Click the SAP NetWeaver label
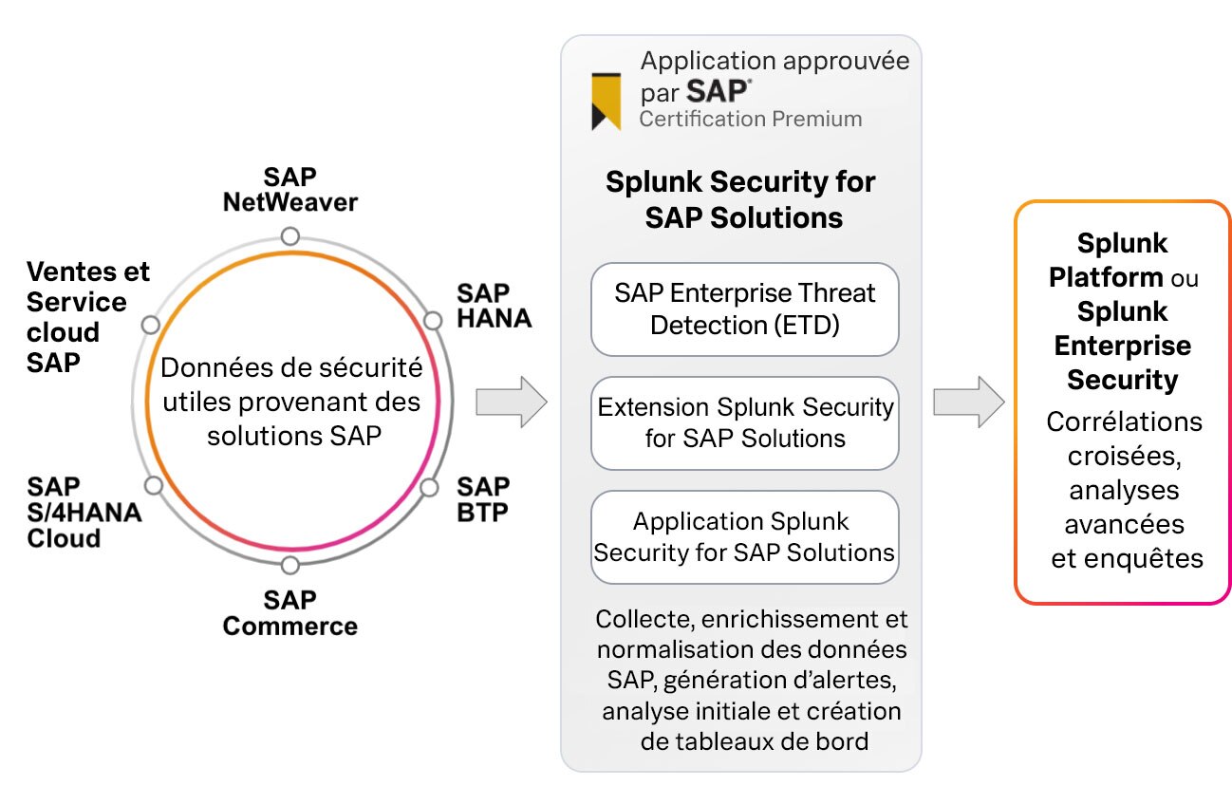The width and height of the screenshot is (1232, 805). pos(289,190)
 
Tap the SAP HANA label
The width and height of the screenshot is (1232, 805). pos(493,306)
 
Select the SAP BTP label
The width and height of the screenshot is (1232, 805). pos(483,499)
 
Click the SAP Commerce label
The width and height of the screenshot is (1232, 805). pos(289,613)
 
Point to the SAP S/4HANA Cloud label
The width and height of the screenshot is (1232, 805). pos(84,513)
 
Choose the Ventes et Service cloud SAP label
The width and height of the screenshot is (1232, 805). pos(87,317)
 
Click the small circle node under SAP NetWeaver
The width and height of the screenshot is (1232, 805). pos(290,235)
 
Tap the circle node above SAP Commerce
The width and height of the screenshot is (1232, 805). pos(290,566)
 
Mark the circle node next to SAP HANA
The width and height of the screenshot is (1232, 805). pos(433,320)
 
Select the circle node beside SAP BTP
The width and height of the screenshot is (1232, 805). pos(429,488)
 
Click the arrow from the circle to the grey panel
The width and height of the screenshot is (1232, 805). pos(511,402)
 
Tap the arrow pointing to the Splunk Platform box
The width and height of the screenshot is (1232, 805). pos(968,402)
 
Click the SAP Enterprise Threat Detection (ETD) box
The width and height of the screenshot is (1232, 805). pos(744,309)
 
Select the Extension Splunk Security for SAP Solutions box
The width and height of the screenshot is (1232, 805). pos(744,422)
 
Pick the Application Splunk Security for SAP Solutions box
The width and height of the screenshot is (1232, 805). pos(744,536)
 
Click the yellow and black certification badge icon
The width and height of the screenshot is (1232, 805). pos(607,101)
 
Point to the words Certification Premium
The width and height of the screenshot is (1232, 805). pos(751,120)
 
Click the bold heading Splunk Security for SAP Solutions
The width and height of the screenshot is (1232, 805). pos(741,199)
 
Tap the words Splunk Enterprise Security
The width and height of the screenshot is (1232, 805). pos(1123,346)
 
